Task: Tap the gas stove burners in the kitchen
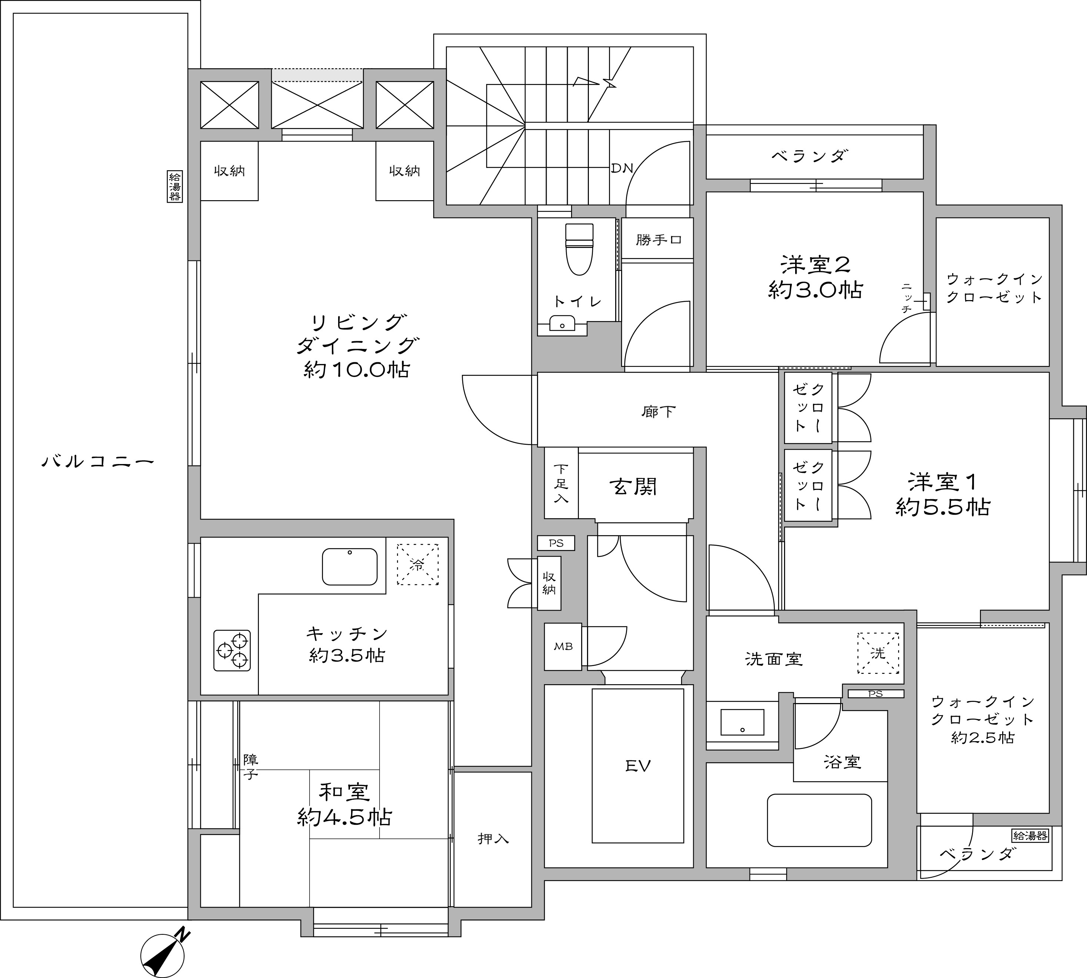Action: pos(232,650)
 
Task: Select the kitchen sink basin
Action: pos(350,567)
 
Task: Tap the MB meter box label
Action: pos(563,646)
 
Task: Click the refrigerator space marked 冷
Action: pos(417,564)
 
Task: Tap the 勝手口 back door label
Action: pos(659,240)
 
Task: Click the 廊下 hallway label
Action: pos(658,411)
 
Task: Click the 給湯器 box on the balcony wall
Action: pos(175,186)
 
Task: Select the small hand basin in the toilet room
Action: pos(563,323)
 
